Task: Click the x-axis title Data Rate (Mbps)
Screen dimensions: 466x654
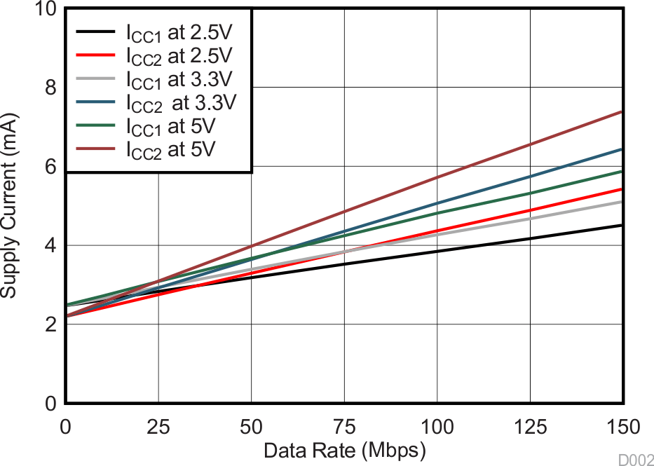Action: (x=344, y=450)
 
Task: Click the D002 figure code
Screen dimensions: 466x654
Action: (x=634, y=459)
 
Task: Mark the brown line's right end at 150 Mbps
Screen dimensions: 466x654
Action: (x=622, y=111)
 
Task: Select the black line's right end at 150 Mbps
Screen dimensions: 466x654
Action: (x=622, y=225)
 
